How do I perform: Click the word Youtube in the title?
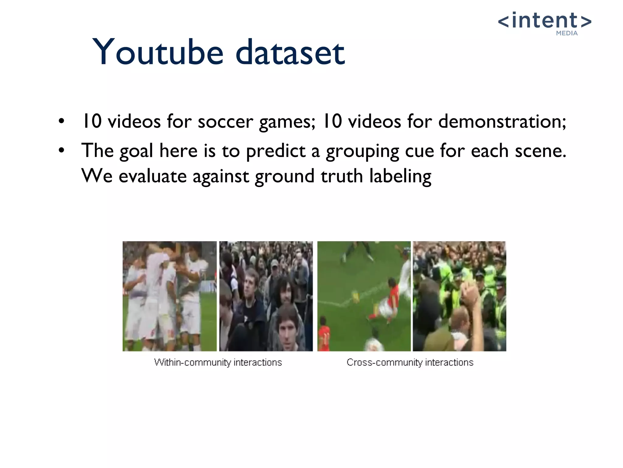point(158,52)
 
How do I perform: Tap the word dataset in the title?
point(290,52)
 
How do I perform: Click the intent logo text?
point(545,21)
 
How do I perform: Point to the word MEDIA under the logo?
point(567,33)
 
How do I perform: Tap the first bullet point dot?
point(62,121)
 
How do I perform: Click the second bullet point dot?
point(62,150)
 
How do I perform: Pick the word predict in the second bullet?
point(276,151)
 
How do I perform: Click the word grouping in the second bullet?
point(362,151)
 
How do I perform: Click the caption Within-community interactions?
point(218,362)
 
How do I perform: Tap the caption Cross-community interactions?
point(410,362)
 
